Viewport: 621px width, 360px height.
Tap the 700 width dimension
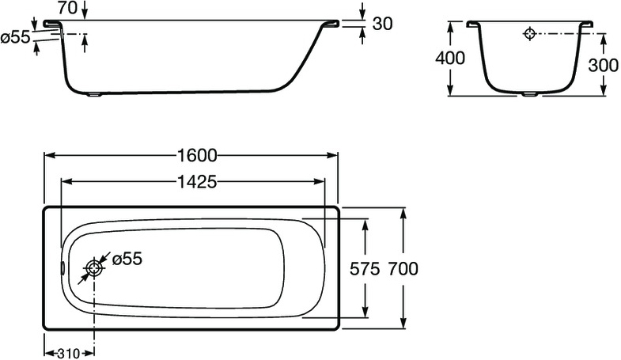pyautogui.click(x=403, y=268)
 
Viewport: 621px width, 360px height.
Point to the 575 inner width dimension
pyautogui.click(x=365, y=268)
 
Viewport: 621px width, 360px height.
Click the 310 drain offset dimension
pyautogui.click(x=69, y=353)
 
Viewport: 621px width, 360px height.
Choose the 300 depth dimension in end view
pyautogui.click(x=603, y=66)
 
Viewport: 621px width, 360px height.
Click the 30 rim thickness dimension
pyautogui.click(x=382, y=24)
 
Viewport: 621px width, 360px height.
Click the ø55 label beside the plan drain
pyautogui.click(x=127, y=259)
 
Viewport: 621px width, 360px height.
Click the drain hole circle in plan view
pyautogui.click(x=95, y=268)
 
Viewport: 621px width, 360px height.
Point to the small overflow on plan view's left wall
pyautogui.click(x=64, y=267)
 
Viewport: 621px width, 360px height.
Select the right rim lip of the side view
pyautogui.click(x=332, y=25)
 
